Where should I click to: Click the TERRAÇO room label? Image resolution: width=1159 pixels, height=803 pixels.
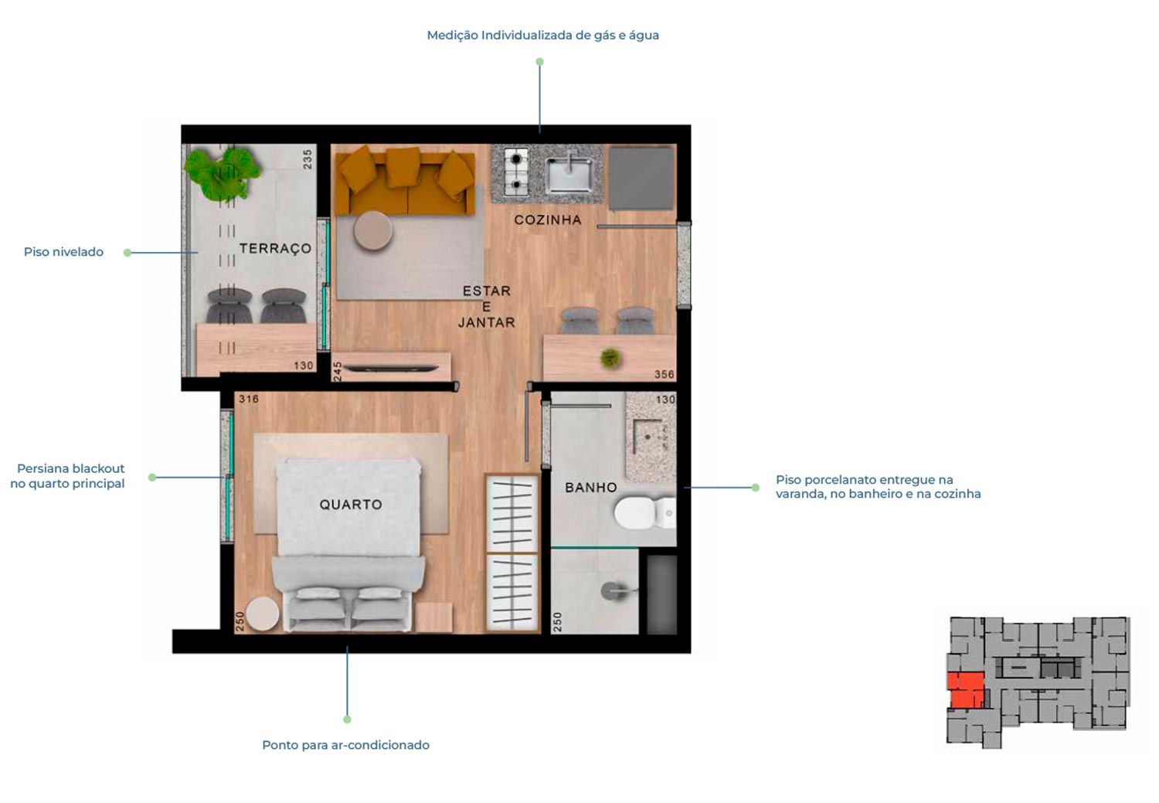[x=275, y=248]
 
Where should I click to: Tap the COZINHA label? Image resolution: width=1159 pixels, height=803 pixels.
[x=548, y=220]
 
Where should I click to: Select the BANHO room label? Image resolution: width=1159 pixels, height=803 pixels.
[x=591, y=488]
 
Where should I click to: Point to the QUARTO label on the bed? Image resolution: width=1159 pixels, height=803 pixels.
[x=351, y=505]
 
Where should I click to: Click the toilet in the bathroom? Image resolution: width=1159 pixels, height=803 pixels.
[x=644, y=512]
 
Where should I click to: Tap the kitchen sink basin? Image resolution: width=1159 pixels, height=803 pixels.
[x=569, y=175]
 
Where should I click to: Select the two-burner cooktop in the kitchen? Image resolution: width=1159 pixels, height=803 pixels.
[x=516, y=172]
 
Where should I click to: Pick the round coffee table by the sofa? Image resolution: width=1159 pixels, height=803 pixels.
[x=373, y=231]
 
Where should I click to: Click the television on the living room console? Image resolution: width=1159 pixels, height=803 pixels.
[x=391, y=369]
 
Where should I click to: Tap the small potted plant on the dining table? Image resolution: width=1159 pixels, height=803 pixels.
[x=610, y=358]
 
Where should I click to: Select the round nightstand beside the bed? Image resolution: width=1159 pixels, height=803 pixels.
[x=263, y=614]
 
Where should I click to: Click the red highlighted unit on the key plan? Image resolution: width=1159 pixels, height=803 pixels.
[x=967, y=690]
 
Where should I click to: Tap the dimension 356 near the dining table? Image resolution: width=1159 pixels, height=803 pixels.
[x=664, y=375]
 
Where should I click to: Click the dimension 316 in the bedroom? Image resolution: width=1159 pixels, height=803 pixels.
[x=249, y=399]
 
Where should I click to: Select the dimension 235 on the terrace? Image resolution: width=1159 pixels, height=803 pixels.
[x=308, y=159]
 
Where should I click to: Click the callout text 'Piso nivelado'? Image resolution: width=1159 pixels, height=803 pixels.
[x=63, y=252]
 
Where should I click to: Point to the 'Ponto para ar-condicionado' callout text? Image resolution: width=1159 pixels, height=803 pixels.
[x=345, y=745]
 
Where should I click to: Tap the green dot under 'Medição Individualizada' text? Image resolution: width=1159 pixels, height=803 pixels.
[x=539, y=62]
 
